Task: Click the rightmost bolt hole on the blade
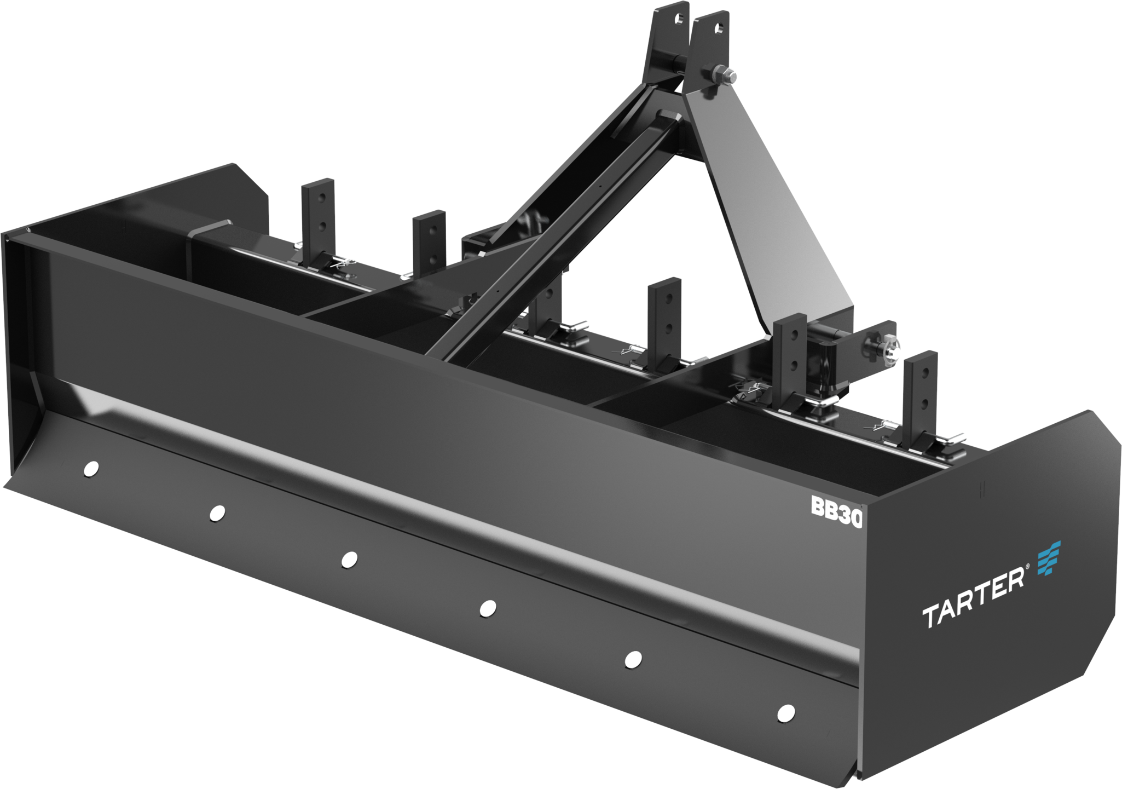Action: pos(786,712)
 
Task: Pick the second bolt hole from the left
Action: pos(217,512)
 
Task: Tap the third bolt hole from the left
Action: pos(349,559)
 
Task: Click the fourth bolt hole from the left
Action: pos(487,608)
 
